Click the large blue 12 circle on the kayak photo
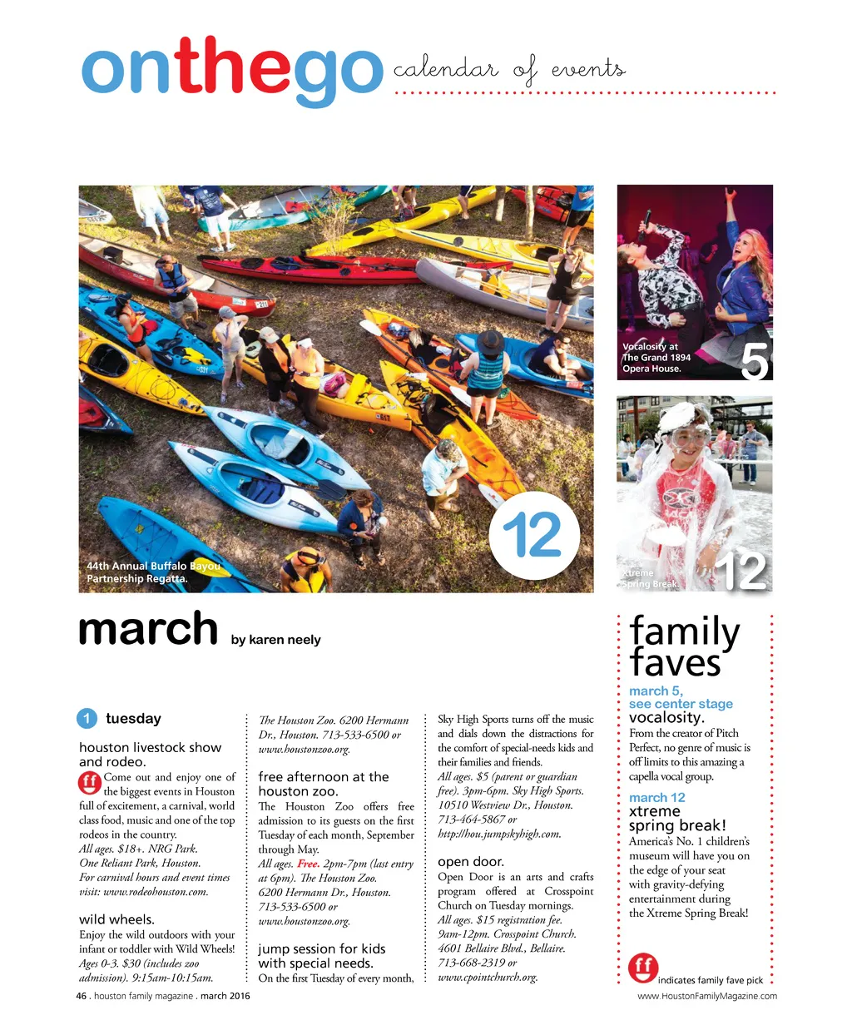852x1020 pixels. (533, 535)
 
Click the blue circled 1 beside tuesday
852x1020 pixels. (87, 719)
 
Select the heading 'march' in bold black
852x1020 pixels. (147, 630)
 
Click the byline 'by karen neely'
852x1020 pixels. (275, 640)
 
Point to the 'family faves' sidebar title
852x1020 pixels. (685, 647)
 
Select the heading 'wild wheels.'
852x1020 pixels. (116, 919)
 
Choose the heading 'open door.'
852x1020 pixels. (471, 862)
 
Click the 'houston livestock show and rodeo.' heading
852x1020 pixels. (150, 755)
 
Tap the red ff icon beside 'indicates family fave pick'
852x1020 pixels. (643, 968)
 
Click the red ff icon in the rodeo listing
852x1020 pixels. (90, 783)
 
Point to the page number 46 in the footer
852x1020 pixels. (81, 996)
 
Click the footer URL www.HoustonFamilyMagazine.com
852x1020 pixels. (707, 996)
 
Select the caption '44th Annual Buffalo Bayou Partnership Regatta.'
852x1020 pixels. (152, 572)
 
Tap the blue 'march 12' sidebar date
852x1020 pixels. (656, 798)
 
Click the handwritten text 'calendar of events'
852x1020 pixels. (508, 70)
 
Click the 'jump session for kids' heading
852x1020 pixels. (321, 948)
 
